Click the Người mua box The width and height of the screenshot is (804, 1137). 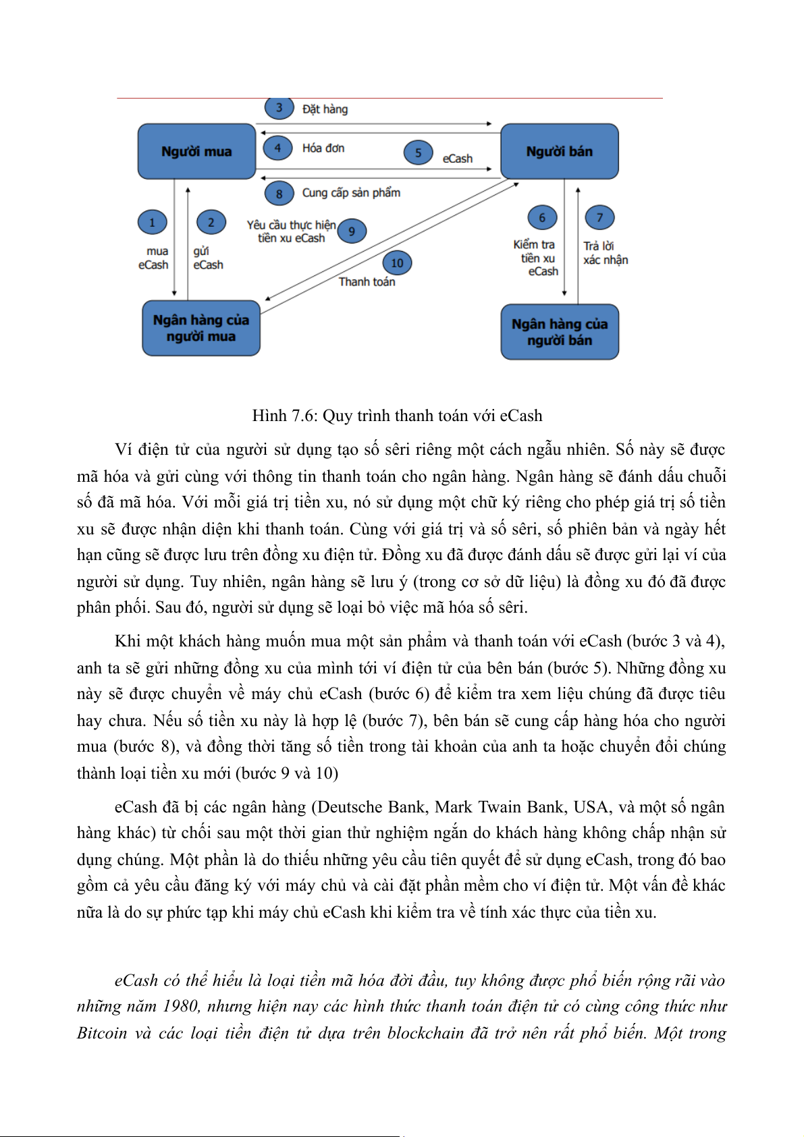[196, 151]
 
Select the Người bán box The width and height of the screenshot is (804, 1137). [559, 151]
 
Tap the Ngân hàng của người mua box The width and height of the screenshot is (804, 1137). [200, 328]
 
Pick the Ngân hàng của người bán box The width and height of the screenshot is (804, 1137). [559, 332]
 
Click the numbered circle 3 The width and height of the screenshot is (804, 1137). [279, 108]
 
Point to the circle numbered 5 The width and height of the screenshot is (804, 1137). [418, 152]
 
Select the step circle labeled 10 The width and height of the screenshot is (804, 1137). [397, 263]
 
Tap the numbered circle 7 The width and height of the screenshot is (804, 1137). [599, 218]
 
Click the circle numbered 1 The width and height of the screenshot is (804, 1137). [152, 223]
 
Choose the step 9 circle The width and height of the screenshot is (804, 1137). [352, 231]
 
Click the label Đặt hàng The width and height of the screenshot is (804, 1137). [325, 109]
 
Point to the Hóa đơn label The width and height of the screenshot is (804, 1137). [323, 148]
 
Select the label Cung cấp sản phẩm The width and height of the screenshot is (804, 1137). [351, 193]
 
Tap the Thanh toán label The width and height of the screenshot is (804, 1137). [367, 282]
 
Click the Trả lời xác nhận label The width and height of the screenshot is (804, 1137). [606, 253]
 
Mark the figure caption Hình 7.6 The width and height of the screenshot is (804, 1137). [397, 416]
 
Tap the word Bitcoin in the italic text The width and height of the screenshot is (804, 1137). [101, 1033]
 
